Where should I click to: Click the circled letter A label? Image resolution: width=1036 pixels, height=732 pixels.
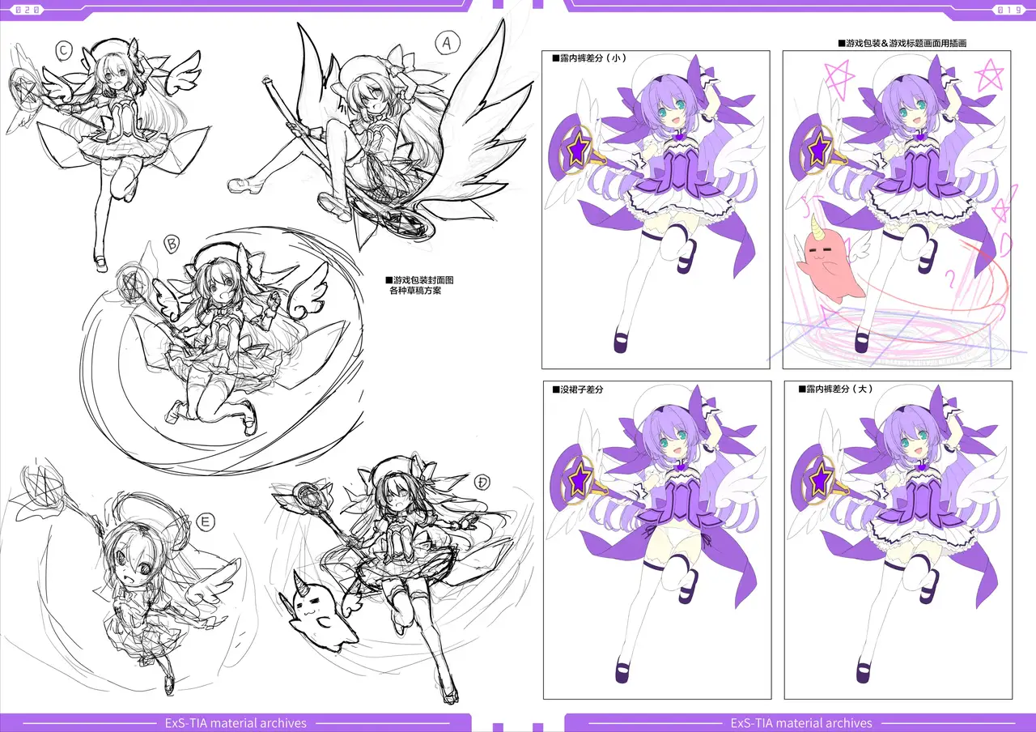448,43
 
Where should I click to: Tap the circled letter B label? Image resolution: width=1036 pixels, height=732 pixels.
172,244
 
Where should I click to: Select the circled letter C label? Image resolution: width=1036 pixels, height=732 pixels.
64,50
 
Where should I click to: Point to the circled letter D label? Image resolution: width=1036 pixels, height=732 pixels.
482,483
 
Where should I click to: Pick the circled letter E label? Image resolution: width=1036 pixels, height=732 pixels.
206,522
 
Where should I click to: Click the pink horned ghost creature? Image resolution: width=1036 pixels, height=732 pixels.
828,263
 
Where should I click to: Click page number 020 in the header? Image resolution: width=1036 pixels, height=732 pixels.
28,9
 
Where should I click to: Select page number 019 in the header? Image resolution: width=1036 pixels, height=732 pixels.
1009,10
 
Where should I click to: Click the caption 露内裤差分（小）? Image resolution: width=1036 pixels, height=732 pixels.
589,58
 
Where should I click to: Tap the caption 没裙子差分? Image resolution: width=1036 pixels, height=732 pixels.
578,389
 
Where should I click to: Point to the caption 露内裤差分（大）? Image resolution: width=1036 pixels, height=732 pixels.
835,389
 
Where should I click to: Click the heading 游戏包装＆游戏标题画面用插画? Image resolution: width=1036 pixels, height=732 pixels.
902,44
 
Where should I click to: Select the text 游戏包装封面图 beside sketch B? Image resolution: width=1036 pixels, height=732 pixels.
419,280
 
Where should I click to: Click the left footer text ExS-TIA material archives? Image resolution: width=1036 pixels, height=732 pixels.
236,723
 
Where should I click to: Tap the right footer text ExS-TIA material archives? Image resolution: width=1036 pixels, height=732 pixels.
801,723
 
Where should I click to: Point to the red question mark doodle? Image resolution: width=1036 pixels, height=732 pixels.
950,279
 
